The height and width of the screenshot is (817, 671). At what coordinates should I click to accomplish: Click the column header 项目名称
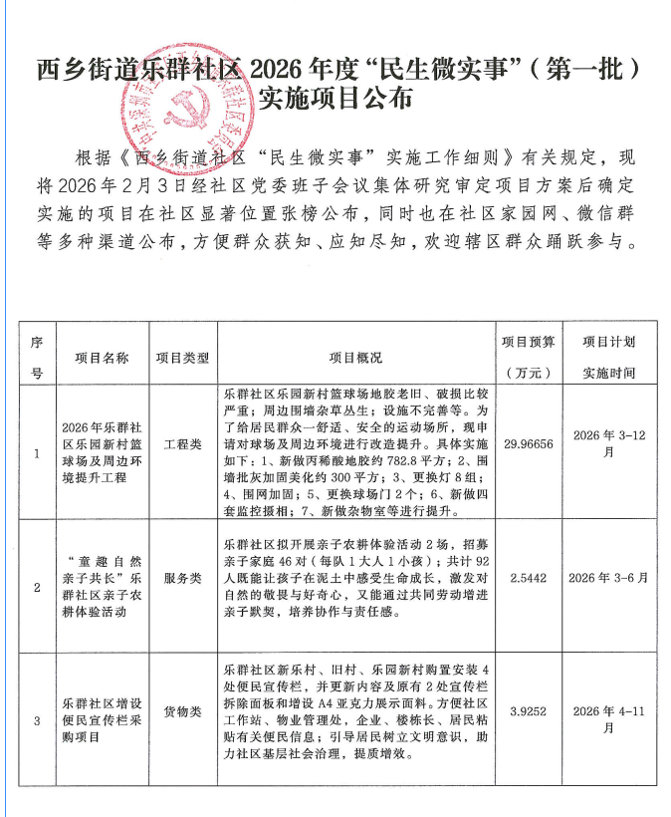tap(103, 357)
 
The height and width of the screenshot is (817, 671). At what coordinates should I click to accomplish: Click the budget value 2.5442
tap(529, 577)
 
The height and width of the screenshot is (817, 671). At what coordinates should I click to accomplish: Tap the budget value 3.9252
tap(529, 712)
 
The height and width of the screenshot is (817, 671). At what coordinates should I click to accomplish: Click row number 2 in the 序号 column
tap(37, 587)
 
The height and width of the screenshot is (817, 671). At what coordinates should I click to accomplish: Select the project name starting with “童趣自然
tap(103, 587)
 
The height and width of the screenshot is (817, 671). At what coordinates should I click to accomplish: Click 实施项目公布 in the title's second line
tap(335, 99)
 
